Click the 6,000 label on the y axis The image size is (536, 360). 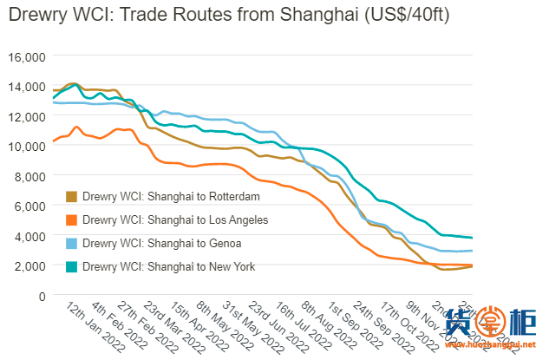[x=28, y=206]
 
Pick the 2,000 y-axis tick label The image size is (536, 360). [x=28, y=265]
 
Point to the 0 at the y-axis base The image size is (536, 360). [x=39, y=295]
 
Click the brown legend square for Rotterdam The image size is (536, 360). [x=71, y=197]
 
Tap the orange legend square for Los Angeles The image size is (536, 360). [x=71, y=220]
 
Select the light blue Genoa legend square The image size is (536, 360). [x=71, y=244]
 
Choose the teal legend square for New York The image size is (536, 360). [x=71, y=267]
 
